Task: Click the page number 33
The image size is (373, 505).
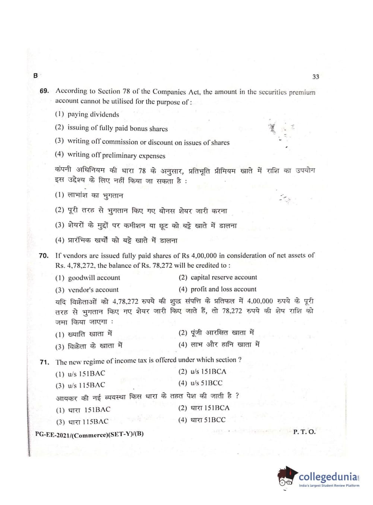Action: [316, 77]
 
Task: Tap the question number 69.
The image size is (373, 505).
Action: [44, 91]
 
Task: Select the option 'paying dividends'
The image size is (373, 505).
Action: [93, 114]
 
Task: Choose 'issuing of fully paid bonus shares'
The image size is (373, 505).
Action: [117, 128]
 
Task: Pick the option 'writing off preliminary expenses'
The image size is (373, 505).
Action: [116, 155]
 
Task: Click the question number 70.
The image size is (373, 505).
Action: [44, 255]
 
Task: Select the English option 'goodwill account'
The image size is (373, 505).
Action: [94, 278]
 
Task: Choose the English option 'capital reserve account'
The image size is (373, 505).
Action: [223, 277]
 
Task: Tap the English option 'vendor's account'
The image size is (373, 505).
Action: [93, 290]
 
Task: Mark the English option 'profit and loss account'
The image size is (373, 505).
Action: [223, 289]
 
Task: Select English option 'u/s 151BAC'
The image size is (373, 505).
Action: [86, 374]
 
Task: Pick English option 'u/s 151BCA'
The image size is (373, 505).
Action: [208, 372]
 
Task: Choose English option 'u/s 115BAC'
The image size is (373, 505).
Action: [86, 385]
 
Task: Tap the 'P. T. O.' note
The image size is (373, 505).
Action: [304, 432]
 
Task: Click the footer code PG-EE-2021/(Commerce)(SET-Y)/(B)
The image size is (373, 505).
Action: [89, 434]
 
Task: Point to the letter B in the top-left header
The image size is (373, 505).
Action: [35, 76]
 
